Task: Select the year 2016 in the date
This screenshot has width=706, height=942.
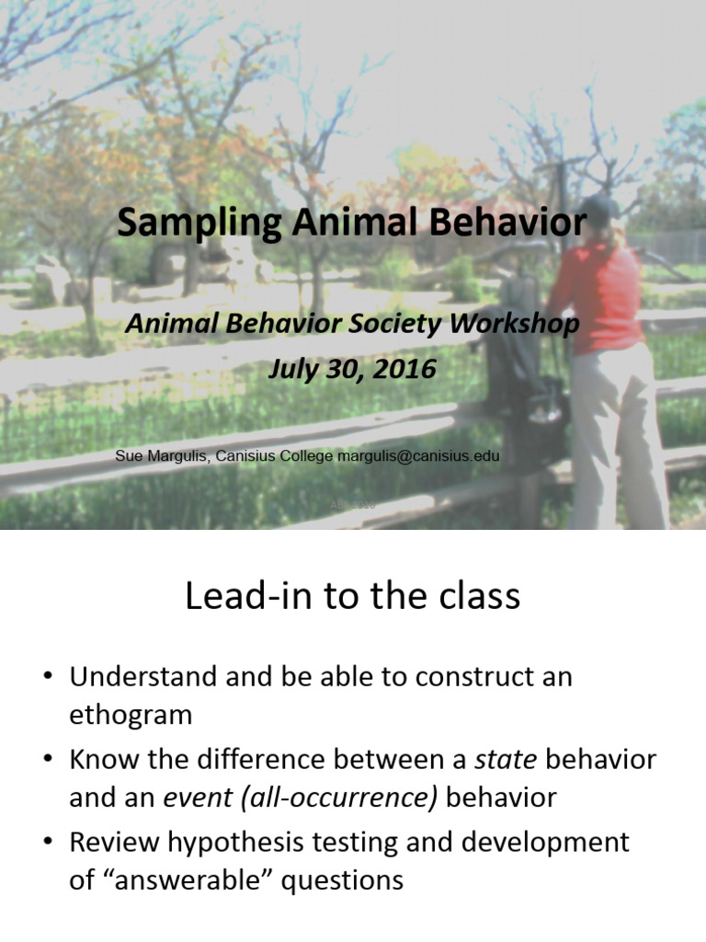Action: tap(402, 369)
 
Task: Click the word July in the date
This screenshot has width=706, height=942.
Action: tap(297, 369)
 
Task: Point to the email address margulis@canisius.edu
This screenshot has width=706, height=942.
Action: tap(419, 455)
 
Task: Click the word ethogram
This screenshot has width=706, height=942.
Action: tap(131, 715)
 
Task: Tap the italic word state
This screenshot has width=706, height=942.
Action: tap(501, 760)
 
